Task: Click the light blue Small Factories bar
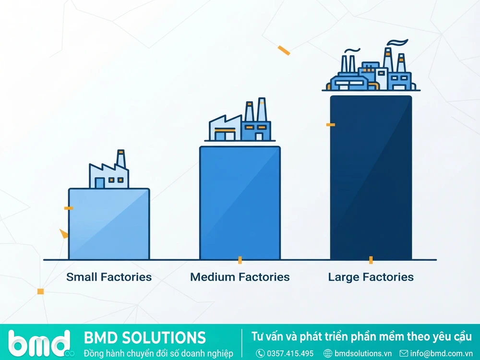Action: click(x=109, y=224)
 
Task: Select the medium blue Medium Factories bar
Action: click(x=240, y=203)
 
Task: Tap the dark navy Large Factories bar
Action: click(x=371, y=178)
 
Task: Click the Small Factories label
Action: click(x=109, y=277)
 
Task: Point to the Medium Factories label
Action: click(x=240, y=277)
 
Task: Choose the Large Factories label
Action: click(x=371, y=277)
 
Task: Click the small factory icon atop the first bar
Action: click(x=108, y=169)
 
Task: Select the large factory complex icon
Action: click(x=371, y=66)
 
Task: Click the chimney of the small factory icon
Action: click(x=121, y=158)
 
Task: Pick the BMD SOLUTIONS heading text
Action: click(x=145, y=337)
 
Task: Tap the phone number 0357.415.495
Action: click(x=290, y=353)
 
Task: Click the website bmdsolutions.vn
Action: click(x=363, y=353)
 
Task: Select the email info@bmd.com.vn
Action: click(x=441, y=353)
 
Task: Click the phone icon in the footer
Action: click(x=260, y=353)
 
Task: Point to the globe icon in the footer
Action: click(x=328, y=353)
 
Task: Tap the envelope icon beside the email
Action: click(x=404, y=353)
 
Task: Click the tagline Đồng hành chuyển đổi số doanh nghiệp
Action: click(x=158, y=353)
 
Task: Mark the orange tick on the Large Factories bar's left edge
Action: click(x=331, y=125)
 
